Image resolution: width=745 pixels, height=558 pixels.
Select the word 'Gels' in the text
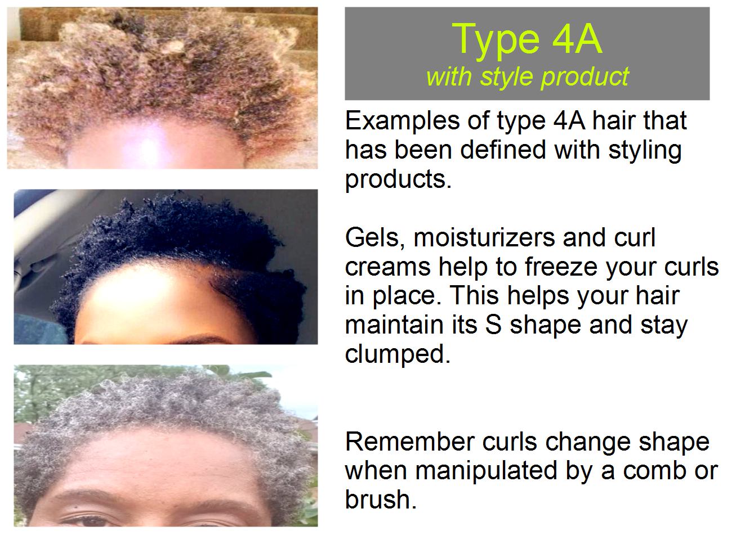[372, 238]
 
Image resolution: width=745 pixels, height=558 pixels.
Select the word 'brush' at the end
[379, 499]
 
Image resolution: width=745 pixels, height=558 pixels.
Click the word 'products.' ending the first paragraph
[398, 179]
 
